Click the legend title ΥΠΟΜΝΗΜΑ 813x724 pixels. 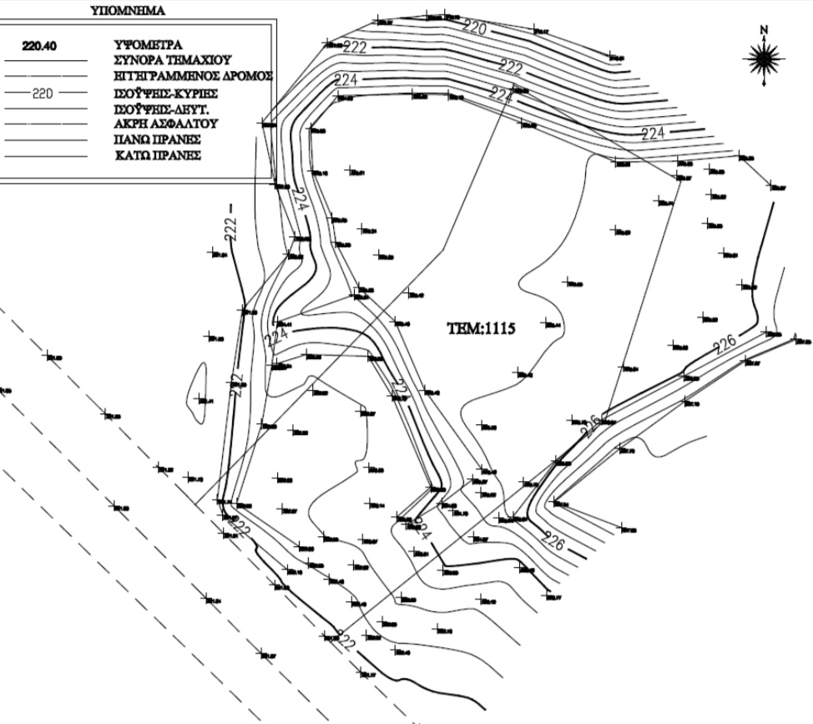127,12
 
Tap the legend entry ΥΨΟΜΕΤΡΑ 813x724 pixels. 148,45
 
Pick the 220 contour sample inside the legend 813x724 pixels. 43,94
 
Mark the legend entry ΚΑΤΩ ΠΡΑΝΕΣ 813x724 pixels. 157,156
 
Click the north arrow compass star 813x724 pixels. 763,58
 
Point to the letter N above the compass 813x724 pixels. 763,31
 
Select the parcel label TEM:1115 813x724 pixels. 481,329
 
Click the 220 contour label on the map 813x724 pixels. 473,28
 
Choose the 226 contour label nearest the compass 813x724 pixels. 725,342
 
